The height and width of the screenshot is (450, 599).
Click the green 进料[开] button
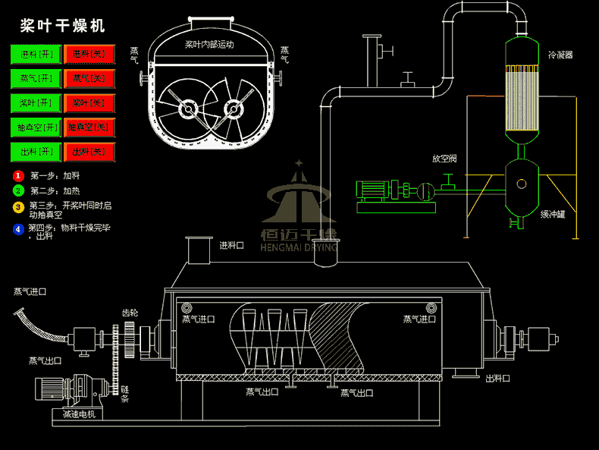point(36,55)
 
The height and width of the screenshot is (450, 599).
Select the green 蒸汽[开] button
point(36,79)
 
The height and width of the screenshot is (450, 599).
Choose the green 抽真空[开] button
point(36,127)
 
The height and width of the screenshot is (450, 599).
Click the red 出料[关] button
point(89,152)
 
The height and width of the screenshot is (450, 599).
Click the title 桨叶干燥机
point(62,26)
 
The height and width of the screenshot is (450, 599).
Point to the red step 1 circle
point(18,176)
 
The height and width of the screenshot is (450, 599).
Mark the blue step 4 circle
point(18,229)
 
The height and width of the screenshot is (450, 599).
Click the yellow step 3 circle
point(18,206)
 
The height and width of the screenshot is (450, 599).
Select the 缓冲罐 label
point(553,215)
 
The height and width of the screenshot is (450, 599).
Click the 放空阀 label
point(444,159)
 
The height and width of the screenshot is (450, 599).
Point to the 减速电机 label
point(80,414)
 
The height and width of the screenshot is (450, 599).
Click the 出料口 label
point(497,378)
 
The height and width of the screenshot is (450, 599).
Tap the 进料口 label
point(231,245)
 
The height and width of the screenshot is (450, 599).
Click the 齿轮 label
point(130,312)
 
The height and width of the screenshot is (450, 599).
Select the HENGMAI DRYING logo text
point(299,247)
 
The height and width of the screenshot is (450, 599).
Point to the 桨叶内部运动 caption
point(209,45)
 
